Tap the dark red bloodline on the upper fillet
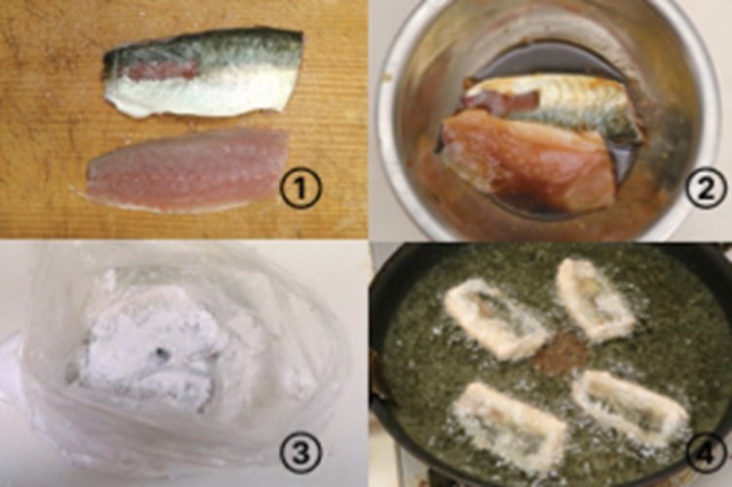(x=161, y=71)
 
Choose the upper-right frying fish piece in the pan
(x=596, y=299)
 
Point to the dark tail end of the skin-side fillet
(x=111, y=61)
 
